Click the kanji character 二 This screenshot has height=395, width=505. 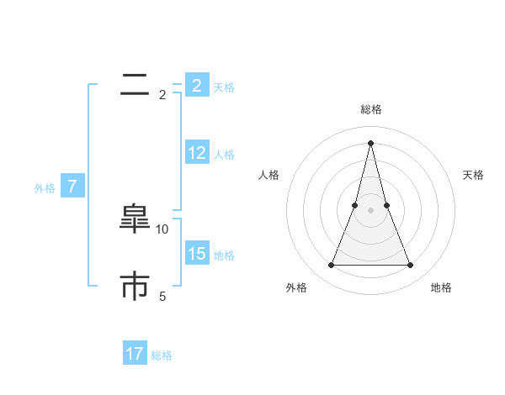(x=135, y=84)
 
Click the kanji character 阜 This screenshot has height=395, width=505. (x=135, y=219)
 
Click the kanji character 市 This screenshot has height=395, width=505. (x=135, y=286)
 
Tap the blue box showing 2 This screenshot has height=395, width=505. (x=197, y=86)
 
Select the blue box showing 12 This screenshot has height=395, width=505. (x=197, y=153)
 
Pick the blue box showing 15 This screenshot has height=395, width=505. (x=197, y=254)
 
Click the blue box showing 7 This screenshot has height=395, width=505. (x=72, y=187)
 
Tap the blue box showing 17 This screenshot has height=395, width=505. (x=135, y=354)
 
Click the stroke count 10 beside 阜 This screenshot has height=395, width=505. (x=162, y=229)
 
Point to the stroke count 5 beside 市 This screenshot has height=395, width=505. (x=162, y=296)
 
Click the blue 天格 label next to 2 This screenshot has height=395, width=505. (x=224, y=87)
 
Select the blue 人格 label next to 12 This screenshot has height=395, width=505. (x=224, y=155)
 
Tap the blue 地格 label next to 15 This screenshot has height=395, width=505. (x=224, y=255)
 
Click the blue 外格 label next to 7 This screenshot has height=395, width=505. (x=45, y=188)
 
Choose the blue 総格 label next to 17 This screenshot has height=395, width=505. (x=162, y=355)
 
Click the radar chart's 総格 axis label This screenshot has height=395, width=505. (x=370, y=109)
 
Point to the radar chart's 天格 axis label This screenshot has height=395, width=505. (x=474, y=175)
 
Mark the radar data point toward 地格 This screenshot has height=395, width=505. (x=410, y=266)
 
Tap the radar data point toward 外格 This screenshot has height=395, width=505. (x=331, y=266)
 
